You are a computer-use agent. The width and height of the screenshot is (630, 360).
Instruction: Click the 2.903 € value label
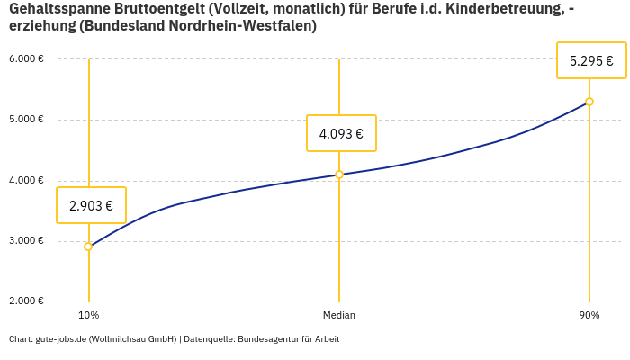click(x=91, y=205)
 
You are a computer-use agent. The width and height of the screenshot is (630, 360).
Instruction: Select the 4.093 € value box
click(x=341, y=133)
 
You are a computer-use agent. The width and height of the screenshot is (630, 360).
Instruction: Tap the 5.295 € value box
click(x=591, y=61)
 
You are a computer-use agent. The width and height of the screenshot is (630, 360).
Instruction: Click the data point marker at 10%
click(x=88, y=247)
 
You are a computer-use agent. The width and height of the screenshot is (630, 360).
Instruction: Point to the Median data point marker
click(x=339, y=175)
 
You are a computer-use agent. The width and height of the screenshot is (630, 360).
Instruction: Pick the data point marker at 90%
click(x=589, y=102)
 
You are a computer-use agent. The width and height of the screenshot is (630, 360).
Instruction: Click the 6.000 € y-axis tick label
click(x=26, y=59)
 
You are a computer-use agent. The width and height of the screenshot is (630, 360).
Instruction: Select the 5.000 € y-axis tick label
click(x=26, y=120)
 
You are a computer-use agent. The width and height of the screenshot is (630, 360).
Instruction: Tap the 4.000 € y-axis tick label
click(x=26, y=181)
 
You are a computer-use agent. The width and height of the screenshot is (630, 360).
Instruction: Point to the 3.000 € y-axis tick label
click(x=26, y=241)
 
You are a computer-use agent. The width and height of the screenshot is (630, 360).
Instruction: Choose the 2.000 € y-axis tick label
click(x=26, y=301)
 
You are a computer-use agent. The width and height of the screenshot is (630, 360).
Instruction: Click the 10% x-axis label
click(x=88, y=316)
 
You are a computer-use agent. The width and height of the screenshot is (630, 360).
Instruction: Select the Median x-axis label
click(x=339, y=316)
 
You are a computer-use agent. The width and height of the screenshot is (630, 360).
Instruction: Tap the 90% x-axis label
click(x=589, y=316)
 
